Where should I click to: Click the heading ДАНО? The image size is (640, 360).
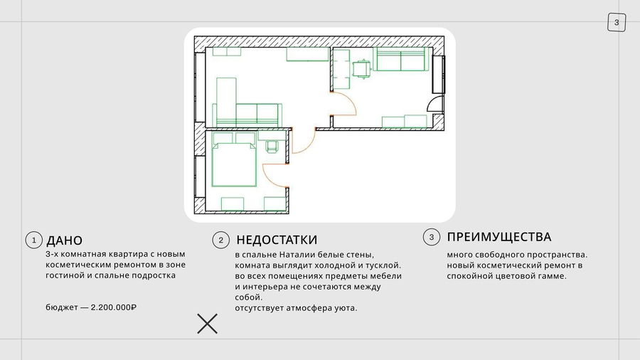65,240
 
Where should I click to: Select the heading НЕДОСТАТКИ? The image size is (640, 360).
277,240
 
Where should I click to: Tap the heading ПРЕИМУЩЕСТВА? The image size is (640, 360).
499,237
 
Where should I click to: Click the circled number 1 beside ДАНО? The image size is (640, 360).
34,240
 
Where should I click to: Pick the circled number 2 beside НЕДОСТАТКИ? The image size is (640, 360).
221,240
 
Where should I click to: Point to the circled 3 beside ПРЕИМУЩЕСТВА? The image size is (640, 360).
432,237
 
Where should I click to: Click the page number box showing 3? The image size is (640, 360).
617,23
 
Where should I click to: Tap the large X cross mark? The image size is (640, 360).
208,324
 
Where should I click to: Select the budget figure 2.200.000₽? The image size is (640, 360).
114,307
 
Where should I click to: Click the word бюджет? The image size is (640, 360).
62,307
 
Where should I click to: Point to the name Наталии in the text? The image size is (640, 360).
297,255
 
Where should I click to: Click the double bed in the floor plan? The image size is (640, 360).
234,159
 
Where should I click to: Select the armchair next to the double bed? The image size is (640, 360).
272,147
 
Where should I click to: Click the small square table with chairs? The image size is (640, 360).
362,68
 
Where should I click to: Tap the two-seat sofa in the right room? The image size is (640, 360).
401,59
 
